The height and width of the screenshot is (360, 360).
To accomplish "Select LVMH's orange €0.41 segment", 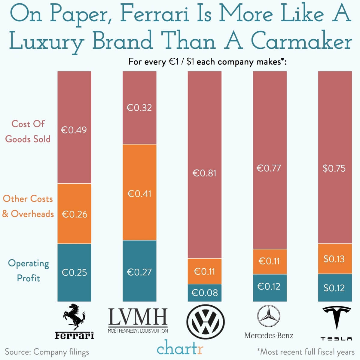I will click(x=139, y=192).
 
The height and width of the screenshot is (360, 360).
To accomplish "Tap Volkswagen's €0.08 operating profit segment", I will click(x=204, y=293).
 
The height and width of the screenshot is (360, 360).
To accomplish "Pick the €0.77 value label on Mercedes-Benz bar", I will click(x=269, y=168).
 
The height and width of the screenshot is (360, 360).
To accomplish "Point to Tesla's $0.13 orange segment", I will click(x=334, y=259).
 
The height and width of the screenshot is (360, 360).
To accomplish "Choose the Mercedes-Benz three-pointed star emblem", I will click(x=268, y=316).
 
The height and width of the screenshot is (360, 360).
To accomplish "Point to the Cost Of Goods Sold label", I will click(x=28, y=131).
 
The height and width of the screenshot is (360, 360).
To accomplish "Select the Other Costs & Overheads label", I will click(x=28, y=206).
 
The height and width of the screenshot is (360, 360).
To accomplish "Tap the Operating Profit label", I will click(x=29, y=270).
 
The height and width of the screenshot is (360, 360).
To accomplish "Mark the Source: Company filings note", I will click(x=47, y=352).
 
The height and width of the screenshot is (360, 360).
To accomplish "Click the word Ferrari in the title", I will click(x=155, y=14).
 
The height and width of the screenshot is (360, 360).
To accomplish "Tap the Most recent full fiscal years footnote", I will click(x=306, y=351).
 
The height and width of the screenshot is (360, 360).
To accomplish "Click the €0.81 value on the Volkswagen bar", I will click(x=204, y=173).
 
